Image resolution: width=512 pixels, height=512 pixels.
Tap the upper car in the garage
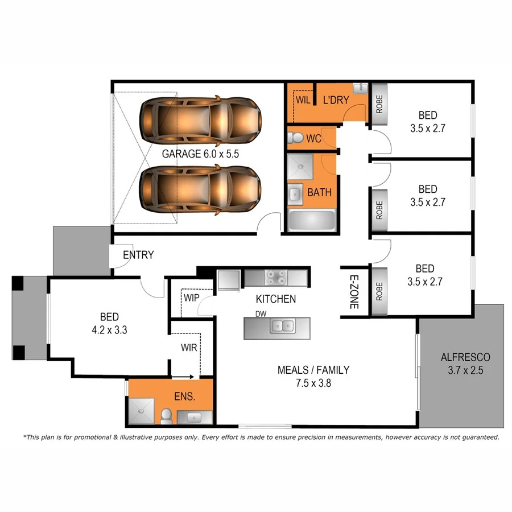click(201, 120)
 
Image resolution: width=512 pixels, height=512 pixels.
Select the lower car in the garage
click(201, 190)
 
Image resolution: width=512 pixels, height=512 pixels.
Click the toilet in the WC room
click(296, 138)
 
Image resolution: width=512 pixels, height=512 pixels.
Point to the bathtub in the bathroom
click(312, 220)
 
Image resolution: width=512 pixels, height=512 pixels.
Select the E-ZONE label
click(353, 291)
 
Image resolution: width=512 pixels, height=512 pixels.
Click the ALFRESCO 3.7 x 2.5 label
click(465, 364)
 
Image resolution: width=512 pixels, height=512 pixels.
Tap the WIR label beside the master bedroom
click(189, 347)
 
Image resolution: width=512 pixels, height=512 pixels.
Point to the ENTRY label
click(138, 255)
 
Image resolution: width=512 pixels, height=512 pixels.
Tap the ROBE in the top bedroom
click(379, 104)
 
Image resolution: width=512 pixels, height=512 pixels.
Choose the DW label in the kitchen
click(261, 313)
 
